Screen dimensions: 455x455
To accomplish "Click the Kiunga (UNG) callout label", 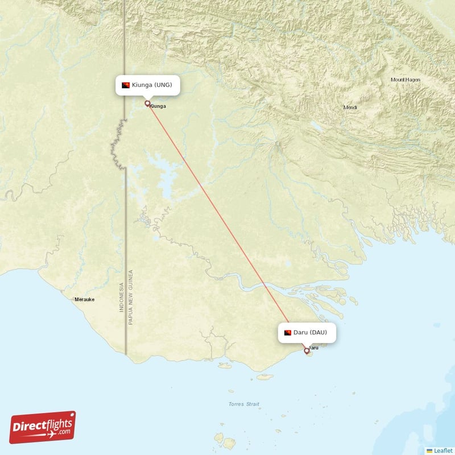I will (148, 85).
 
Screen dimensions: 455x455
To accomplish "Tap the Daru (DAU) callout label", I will (307, 332).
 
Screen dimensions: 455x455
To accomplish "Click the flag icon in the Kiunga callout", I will (126, 85).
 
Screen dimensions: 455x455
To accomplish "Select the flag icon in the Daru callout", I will (288, 332).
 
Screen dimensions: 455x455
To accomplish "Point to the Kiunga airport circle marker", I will (147, 104).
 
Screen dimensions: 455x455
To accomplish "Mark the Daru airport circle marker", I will (307, 351).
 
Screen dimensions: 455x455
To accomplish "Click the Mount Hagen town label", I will (406, 80).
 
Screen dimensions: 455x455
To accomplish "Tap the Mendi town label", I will (350, 107).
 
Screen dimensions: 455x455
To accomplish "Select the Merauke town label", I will (85, 299).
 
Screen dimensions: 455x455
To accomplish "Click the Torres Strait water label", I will (243, 404).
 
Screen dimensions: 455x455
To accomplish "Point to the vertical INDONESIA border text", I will (121, 297).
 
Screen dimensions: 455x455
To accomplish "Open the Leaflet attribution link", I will (442, 450).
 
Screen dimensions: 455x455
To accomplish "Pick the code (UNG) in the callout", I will (169, 85).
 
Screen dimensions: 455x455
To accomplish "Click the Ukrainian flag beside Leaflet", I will (429, 450).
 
